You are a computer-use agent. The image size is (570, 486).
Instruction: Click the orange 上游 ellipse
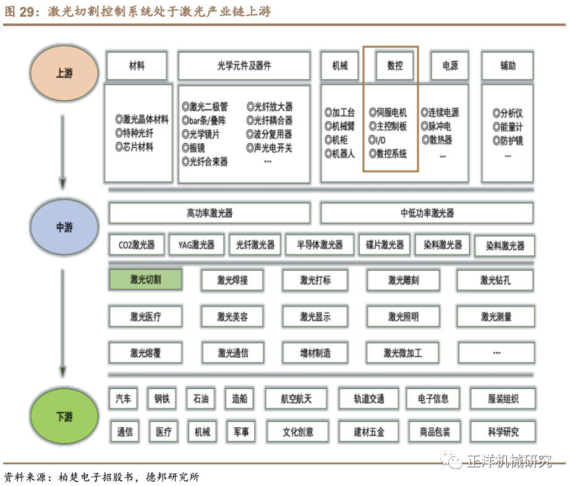[64, 74]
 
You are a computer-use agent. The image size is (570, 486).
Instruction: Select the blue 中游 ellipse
[64, 228]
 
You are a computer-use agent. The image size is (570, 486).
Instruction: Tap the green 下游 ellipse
[64, 417]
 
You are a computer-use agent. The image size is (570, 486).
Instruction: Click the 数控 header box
[394, 66]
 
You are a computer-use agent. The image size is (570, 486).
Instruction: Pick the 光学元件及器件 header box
[244, 66]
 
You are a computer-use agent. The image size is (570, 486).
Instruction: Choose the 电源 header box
[449, 66]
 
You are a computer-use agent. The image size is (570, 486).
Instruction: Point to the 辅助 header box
[508, 66]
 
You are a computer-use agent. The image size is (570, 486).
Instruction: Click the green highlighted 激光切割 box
[145, 279]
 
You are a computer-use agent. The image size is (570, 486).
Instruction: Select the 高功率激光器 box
[210, 213]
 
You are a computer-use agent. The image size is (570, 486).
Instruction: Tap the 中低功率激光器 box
[427, 213]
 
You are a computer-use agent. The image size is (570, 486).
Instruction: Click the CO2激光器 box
[137, 245]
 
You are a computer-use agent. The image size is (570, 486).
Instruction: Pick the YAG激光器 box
[197, 245]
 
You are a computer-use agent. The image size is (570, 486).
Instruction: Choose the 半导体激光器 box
[319, 245]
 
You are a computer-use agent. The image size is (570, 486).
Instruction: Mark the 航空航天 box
[296, 399]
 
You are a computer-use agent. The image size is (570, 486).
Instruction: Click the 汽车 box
[123, 399]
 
